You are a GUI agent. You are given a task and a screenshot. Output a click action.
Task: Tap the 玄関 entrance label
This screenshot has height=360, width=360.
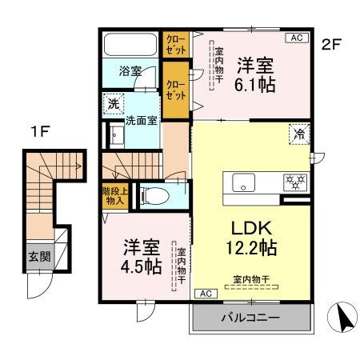pyautogui.click(x=39, y=258)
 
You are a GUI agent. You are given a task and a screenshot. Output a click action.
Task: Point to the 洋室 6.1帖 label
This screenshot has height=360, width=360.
pyautogui.click(x=256, y=74)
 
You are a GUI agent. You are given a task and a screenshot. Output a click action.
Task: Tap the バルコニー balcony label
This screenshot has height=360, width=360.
pyautogui.click(x=250, y=318)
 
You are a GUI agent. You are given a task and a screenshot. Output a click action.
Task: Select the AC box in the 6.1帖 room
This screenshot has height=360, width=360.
pyautogui.click(x=295, y=38)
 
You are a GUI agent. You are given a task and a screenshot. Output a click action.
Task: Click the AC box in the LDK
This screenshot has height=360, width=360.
pyautogui.click(x=204, y=293)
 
